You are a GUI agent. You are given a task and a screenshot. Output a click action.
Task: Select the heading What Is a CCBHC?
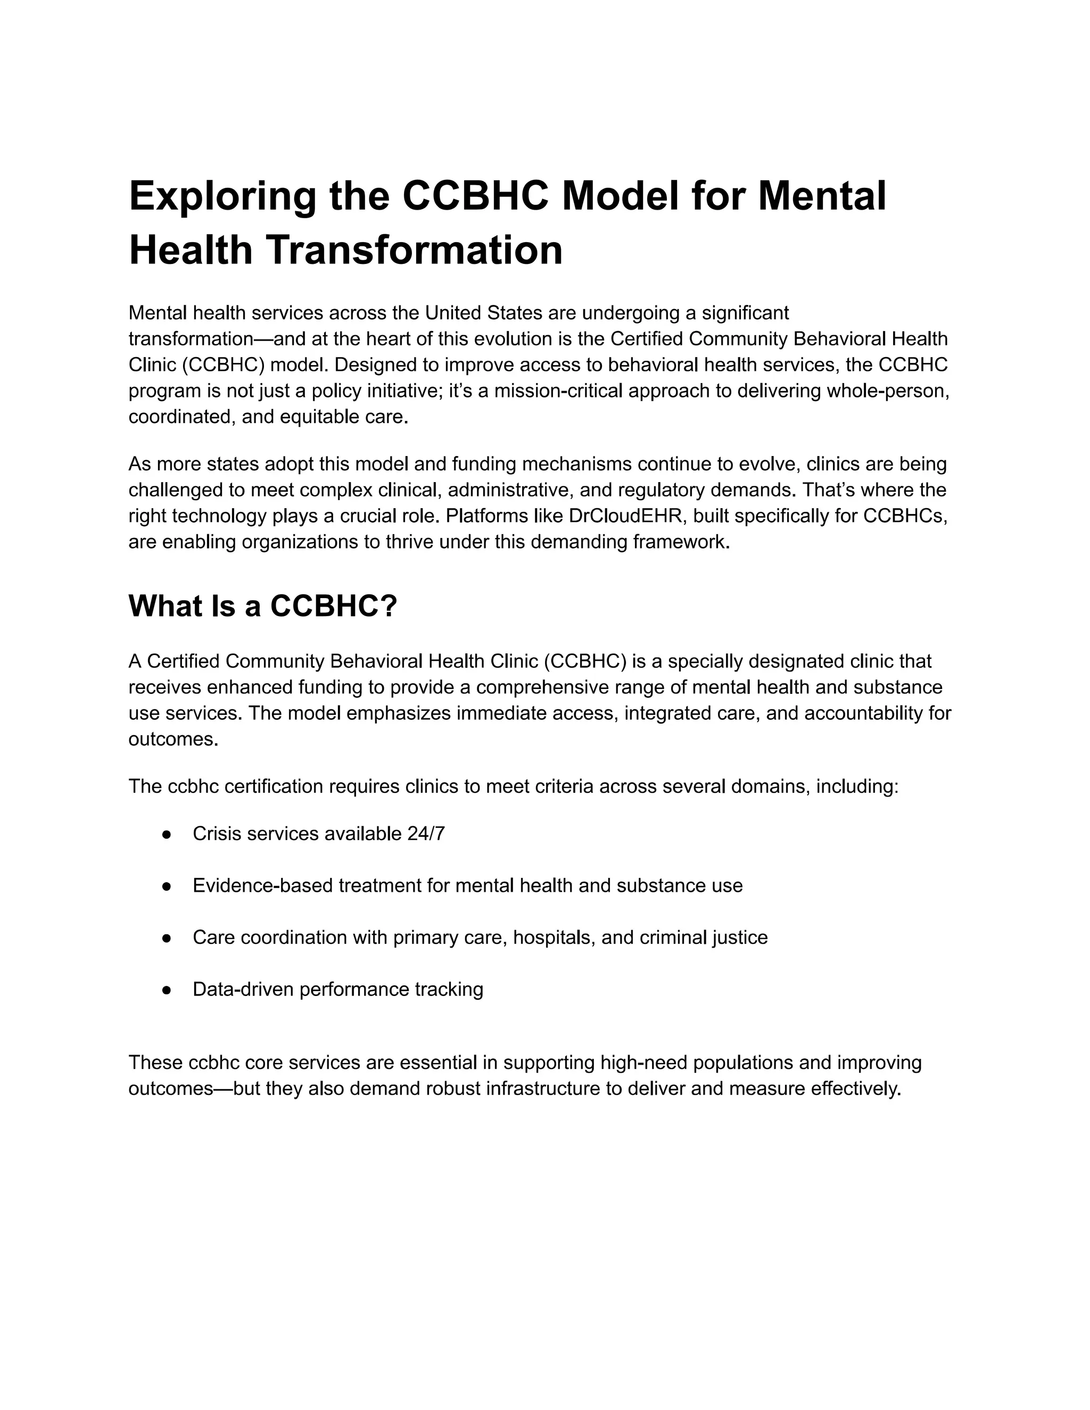(x=262, y=606)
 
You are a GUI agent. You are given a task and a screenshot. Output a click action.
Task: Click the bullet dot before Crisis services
(x=167, y=834)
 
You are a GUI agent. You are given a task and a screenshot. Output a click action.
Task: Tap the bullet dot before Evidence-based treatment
(x=167, y=886)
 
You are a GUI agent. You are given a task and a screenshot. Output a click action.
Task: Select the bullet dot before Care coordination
(x=167, y=938)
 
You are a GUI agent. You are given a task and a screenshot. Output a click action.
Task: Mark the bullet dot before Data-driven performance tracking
(x=167, y=990)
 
